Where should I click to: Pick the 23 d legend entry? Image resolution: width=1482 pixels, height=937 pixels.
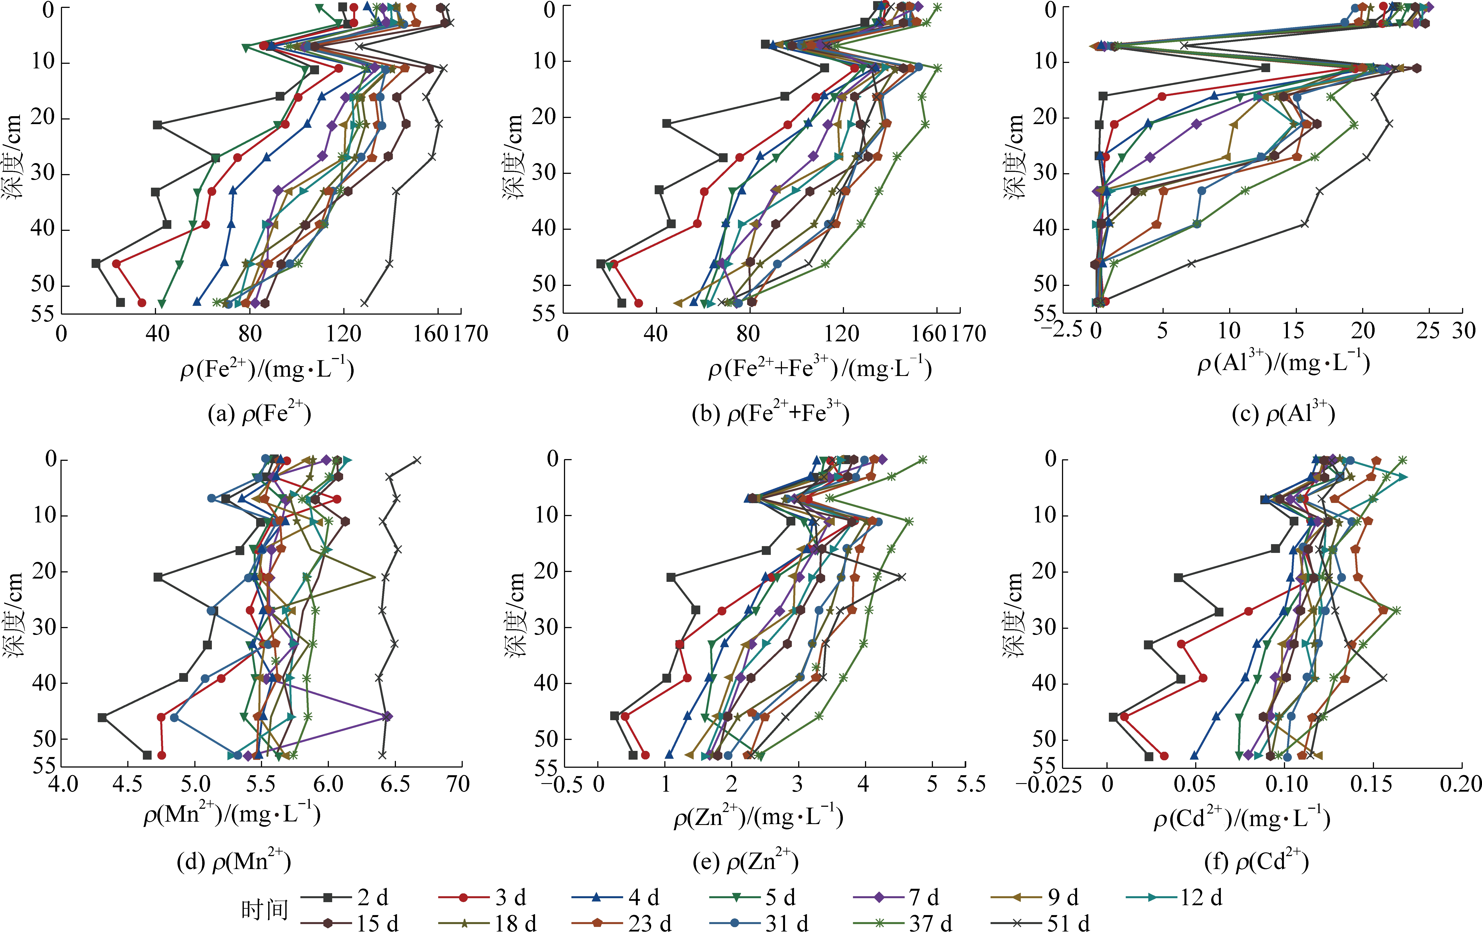click(x=649, y=923)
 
